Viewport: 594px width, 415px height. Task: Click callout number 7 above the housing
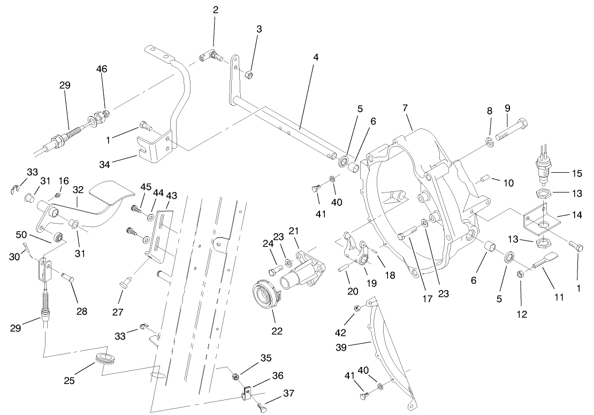pos(405,108)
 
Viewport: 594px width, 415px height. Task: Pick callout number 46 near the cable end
pos(101,69)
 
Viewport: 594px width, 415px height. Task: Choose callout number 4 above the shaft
pos(316,57)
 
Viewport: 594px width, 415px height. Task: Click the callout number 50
pos(21,235)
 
